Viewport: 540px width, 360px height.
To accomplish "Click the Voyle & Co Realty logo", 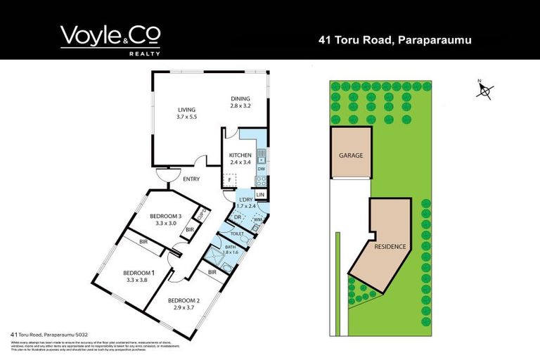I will tap(110, 39).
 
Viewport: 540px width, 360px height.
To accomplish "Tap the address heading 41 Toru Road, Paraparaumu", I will tap(394, 40).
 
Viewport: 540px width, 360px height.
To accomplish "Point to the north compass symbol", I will tap(484, 90).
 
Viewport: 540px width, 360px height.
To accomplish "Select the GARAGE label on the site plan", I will tap(351, 155).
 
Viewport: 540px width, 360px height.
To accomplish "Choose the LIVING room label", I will tap(186, 110).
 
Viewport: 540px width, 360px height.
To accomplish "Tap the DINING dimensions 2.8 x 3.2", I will tap(240, 106).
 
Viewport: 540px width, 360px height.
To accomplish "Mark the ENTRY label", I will tap(191, 179).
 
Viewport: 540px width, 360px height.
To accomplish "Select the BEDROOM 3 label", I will tap(166, 216).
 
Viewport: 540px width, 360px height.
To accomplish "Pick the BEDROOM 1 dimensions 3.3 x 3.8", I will tap(139, 280).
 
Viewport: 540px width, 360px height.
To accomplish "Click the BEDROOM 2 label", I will tap(184, 301).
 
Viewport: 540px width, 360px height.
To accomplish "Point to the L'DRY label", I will tap(246, 200).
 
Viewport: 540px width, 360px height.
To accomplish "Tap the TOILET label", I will tap(236, 233).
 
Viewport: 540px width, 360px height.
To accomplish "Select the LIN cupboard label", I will tap(260, 194).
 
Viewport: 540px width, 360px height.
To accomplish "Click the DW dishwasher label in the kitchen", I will tap(261, 169).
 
